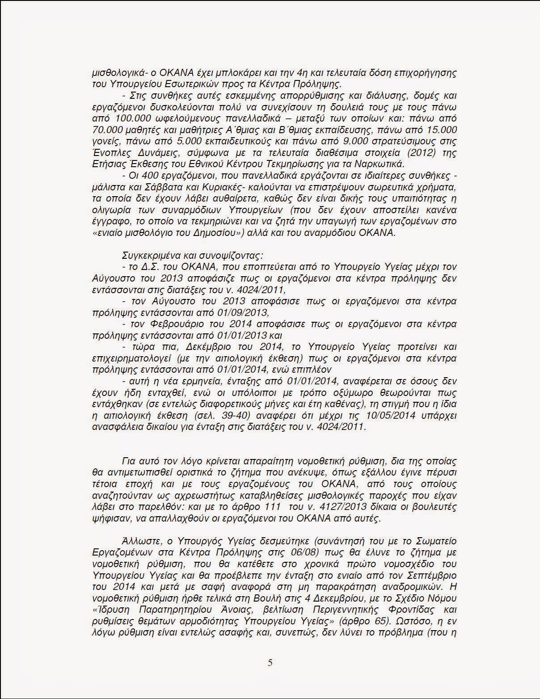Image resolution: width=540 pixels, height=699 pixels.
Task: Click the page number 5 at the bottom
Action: coord(270,663)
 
